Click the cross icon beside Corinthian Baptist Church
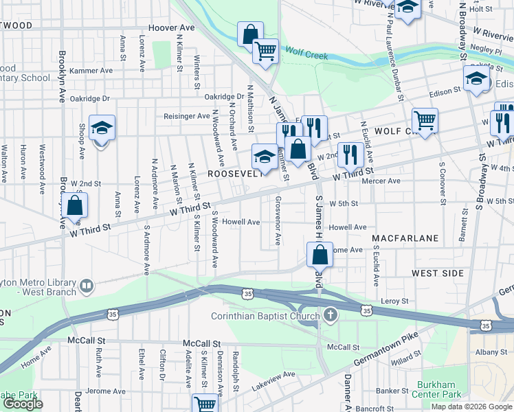pyautogui.click(x=331, y=316)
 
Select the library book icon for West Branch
pyautogui.click(x=86, y=285)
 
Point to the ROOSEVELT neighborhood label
pyautogui.click(x=236, y=174)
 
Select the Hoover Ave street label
pyautogui.click(x=172, y=28)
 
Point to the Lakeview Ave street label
pyautogui.click(x=273, y=381)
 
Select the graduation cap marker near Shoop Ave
pyautogui.click(x=102, y=128)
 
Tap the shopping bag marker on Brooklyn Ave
pyautogui.click(x=75, y=205)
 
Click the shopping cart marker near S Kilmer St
pyautogui.click(x=205, y=404)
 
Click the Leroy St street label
pyautogui.click(x=394, y=301)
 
